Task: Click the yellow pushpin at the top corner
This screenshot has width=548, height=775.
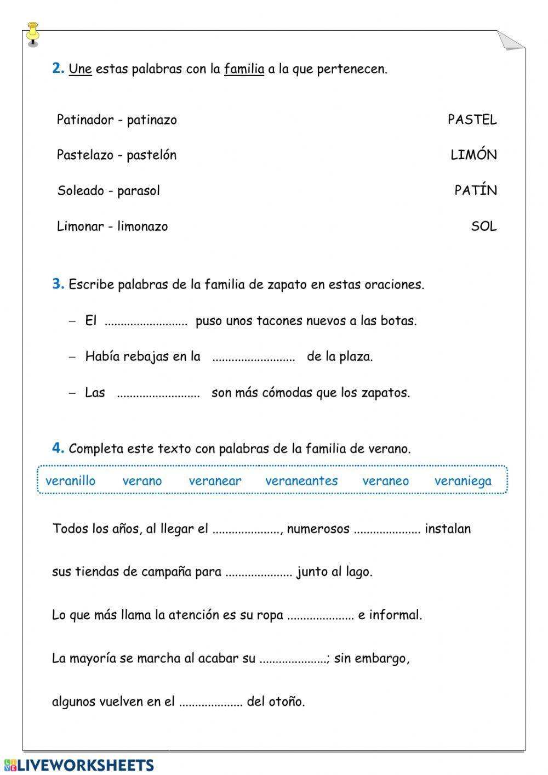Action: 32,32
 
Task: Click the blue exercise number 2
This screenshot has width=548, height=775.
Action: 58,69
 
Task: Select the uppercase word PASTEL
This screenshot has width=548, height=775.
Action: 472,120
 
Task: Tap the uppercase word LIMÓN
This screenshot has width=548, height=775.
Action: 473,155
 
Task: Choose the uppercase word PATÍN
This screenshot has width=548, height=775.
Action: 476,190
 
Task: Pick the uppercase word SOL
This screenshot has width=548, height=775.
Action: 484,226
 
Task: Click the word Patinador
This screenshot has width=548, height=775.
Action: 85,120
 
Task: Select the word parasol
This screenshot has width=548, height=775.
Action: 139,191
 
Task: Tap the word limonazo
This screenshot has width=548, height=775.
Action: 142,227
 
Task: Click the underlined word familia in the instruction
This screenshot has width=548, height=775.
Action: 244,69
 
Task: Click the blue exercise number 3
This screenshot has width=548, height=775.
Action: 58,284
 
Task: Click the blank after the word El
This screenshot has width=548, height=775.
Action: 146,322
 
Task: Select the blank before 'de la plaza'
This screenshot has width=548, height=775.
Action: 253,358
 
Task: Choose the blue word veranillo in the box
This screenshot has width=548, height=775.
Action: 70,481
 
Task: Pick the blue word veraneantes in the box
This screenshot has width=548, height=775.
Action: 301,481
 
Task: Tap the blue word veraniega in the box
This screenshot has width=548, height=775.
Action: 463,481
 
